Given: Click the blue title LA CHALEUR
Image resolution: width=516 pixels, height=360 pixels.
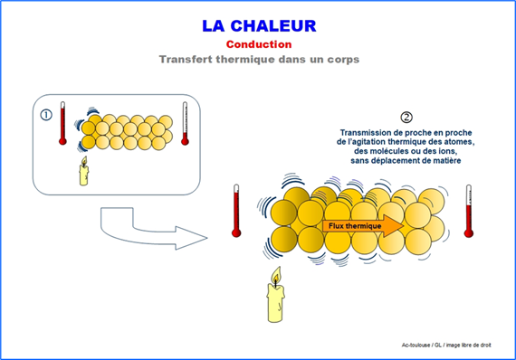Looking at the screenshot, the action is click(259, 26).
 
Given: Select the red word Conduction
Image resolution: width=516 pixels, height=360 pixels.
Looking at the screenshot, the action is click(259, 44).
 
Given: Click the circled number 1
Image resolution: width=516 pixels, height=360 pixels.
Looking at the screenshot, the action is click(46, 115).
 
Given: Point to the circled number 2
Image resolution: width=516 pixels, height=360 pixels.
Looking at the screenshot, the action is click(406, 118).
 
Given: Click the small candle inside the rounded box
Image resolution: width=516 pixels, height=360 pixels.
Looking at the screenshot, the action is click(84, 171).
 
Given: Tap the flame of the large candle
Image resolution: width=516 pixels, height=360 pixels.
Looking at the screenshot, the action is click(276, 276).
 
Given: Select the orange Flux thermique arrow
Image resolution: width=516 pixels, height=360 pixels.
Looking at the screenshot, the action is click(363, 226).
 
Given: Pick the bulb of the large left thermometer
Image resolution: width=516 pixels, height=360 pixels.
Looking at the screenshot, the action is click(236, 233).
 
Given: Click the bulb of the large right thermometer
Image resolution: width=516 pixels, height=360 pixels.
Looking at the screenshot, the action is click(469, 233).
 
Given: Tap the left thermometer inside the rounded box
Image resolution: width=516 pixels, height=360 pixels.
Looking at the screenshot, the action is click(62, 123).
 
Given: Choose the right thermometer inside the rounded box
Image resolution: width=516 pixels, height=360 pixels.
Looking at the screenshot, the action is click(185, 123).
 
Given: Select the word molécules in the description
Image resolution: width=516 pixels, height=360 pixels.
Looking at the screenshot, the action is click(388, 152).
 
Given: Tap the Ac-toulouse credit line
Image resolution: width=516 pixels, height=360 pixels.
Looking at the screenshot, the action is click(446, 346).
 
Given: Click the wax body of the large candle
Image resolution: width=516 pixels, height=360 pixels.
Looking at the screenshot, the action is click(276, 303).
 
